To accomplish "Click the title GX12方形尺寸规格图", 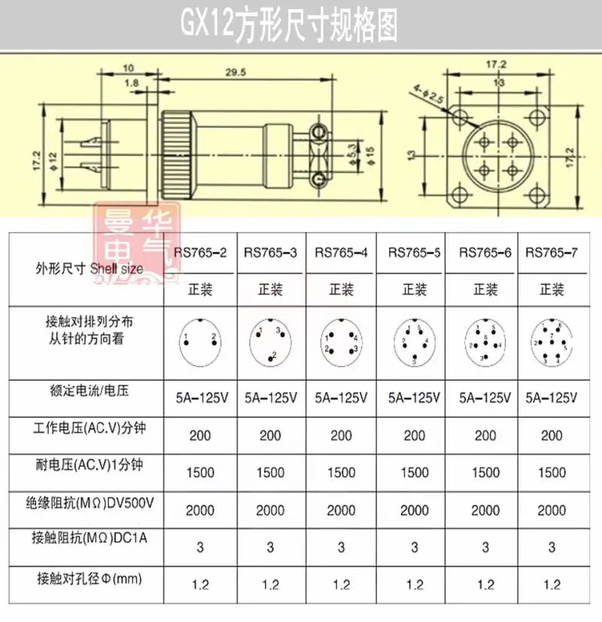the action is pos(287,26).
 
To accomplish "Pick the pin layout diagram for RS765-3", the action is pos(269,342).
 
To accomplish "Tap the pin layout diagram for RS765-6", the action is pos(485,343).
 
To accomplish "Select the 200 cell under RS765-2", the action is pos(200,435).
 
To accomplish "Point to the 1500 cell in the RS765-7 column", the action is pos(552,473).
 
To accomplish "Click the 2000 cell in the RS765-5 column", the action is pos(414,511).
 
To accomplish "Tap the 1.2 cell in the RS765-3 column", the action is pos(270,584).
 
